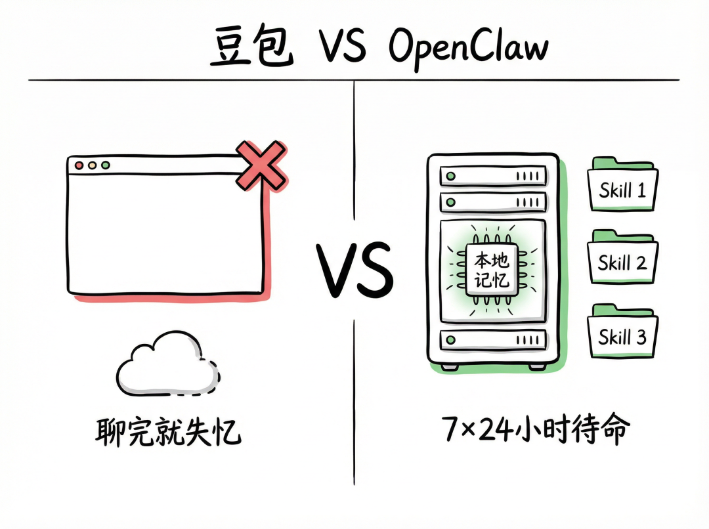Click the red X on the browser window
(x=260, y=166)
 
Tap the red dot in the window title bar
(x=79, y=165)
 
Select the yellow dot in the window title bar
(x=92, y=165)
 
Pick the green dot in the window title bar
(x=105, y=165)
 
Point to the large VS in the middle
(x=355, y=269)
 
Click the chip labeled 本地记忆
(x=492, y=270)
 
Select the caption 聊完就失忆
(x=168, y=433)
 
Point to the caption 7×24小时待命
(x=536, y=430)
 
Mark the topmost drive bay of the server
(x=493, y=175)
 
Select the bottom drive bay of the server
(x=493, y=339)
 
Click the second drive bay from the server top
(x=493, y=201)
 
